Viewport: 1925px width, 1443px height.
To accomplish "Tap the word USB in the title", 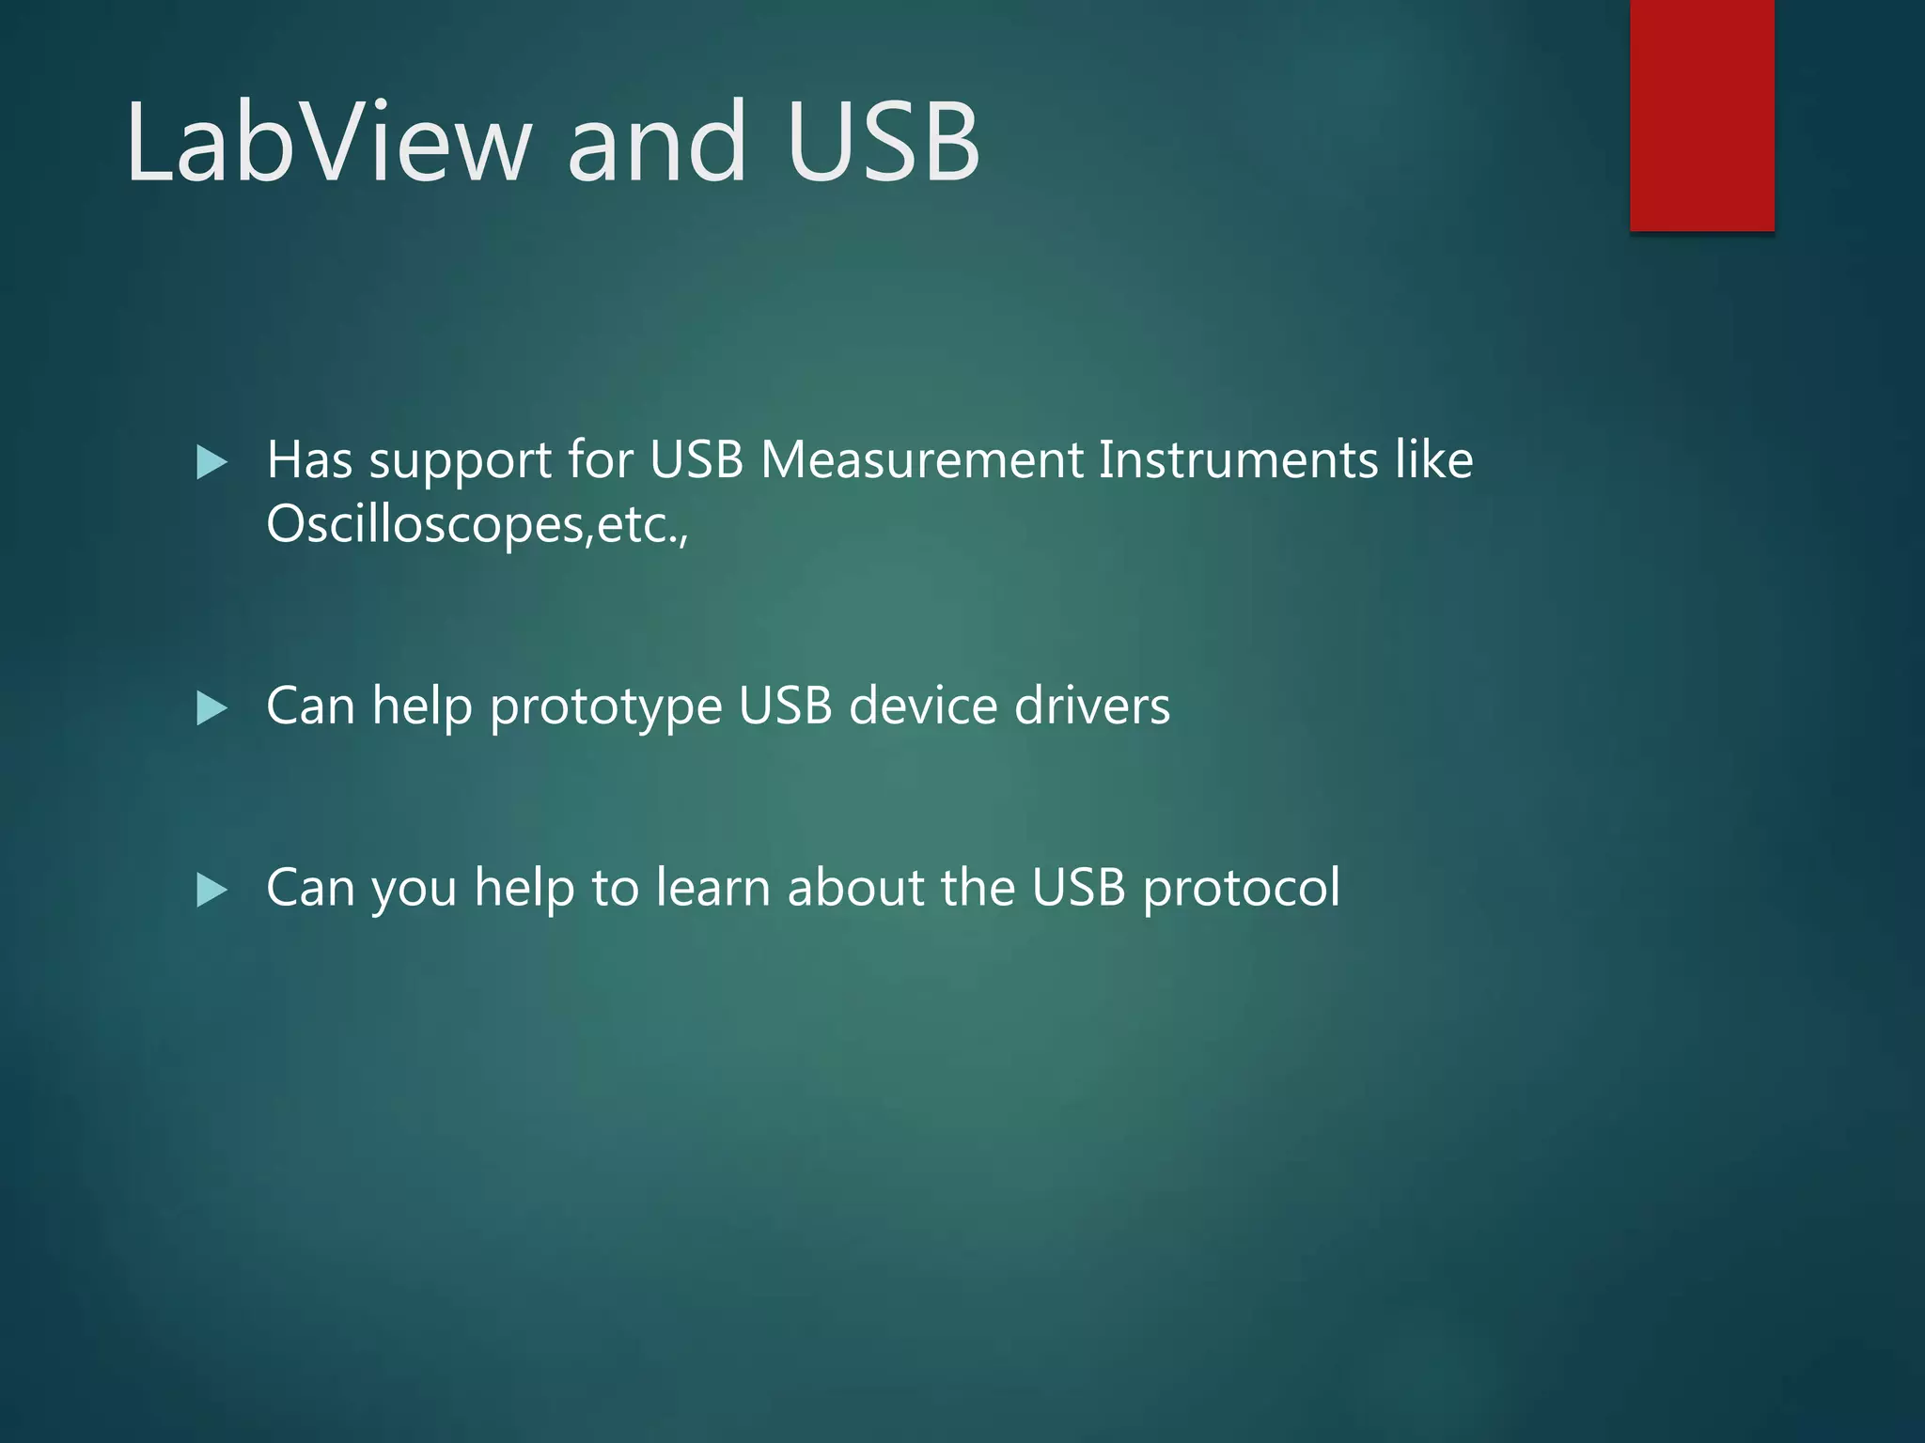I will pos(884,143).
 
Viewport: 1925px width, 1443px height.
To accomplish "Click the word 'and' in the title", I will pos(657,143).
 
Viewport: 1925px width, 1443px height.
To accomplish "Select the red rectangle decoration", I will pos(1701,115).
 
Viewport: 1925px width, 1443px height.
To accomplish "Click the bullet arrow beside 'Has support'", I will pos(212,462).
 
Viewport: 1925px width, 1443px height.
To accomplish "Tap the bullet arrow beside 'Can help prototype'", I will pos(212,708).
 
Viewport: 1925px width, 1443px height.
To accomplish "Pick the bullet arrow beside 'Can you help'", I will pos(212,890).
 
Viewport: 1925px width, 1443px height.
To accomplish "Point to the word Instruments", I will pos(1238,460).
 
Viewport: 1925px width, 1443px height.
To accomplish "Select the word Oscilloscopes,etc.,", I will pos(477,524).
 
